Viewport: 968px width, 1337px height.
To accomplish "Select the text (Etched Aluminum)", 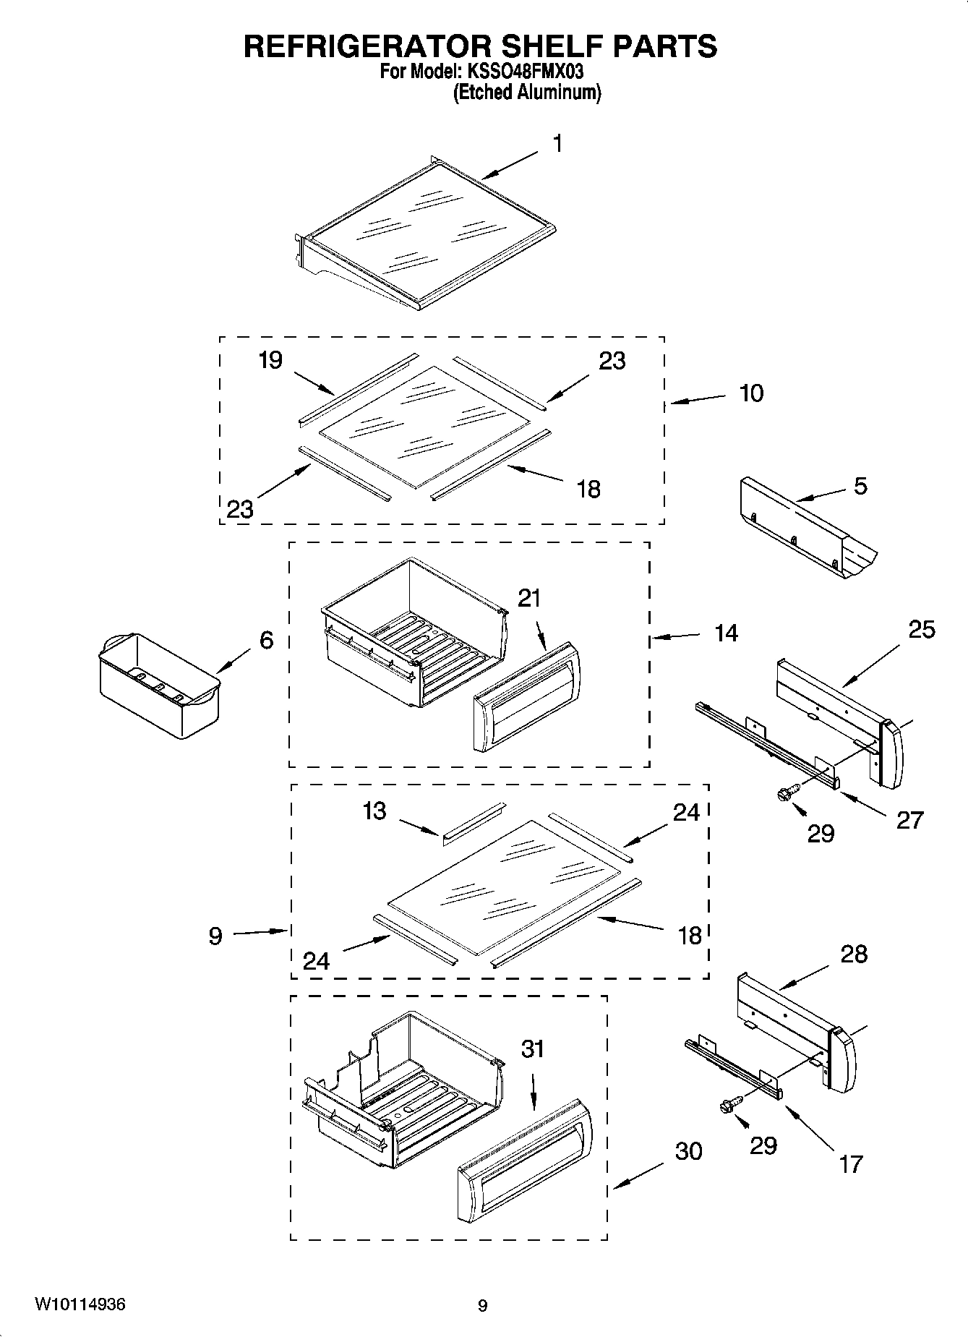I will coord(526,93).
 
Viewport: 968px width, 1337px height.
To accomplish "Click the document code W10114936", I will coord(80,1304).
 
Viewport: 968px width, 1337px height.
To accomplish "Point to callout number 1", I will coord(557,144).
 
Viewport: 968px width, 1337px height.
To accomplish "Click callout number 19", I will coord(270,359).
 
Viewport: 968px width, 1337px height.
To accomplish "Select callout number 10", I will coord(751,393).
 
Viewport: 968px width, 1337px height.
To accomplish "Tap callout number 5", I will coord(860,486).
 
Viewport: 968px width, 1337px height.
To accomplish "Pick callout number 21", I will coord(529,598).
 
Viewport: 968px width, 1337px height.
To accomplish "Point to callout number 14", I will coord(727,633).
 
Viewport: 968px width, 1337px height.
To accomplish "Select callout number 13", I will coord(374,811).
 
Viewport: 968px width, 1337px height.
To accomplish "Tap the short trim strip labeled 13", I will coord(472,822).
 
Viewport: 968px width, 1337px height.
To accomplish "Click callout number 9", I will coord(215,936).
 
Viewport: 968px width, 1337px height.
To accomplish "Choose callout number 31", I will coord(533,1049).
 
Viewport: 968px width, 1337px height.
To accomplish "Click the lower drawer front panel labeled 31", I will coord(525,1159).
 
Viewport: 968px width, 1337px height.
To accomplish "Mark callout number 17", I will coord(851,1163).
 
